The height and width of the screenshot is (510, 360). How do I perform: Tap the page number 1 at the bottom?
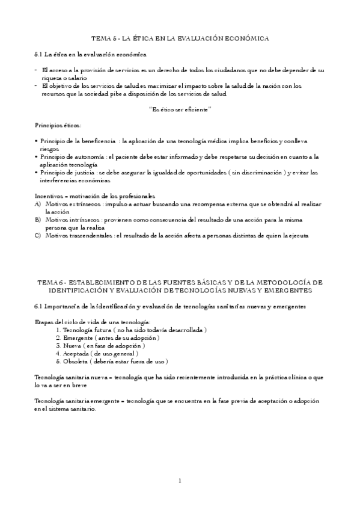tap(180, 481)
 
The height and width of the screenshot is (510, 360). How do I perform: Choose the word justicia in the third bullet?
tap(82, 173)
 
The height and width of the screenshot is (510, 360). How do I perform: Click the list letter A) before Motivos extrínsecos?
tap(38, 204)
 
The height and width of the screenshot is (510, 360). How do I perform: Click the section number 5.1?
tap(39, 55)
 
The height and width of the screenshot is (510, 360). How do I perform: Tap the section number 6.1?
tap(39, 306)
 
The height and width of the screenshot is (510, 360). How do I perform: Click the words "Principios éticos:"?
tap(58, 125)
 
